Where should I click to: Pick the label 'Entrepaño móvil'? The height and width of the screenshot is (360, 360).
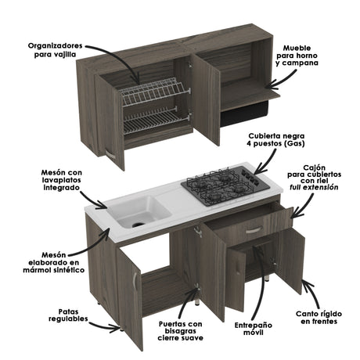pos(255,328)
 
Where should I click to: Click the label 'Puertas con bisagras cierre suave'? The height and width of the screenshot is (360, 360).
pos(180,329)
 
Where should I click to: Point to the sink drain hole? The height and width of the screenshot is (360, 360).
pos(138,221)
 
